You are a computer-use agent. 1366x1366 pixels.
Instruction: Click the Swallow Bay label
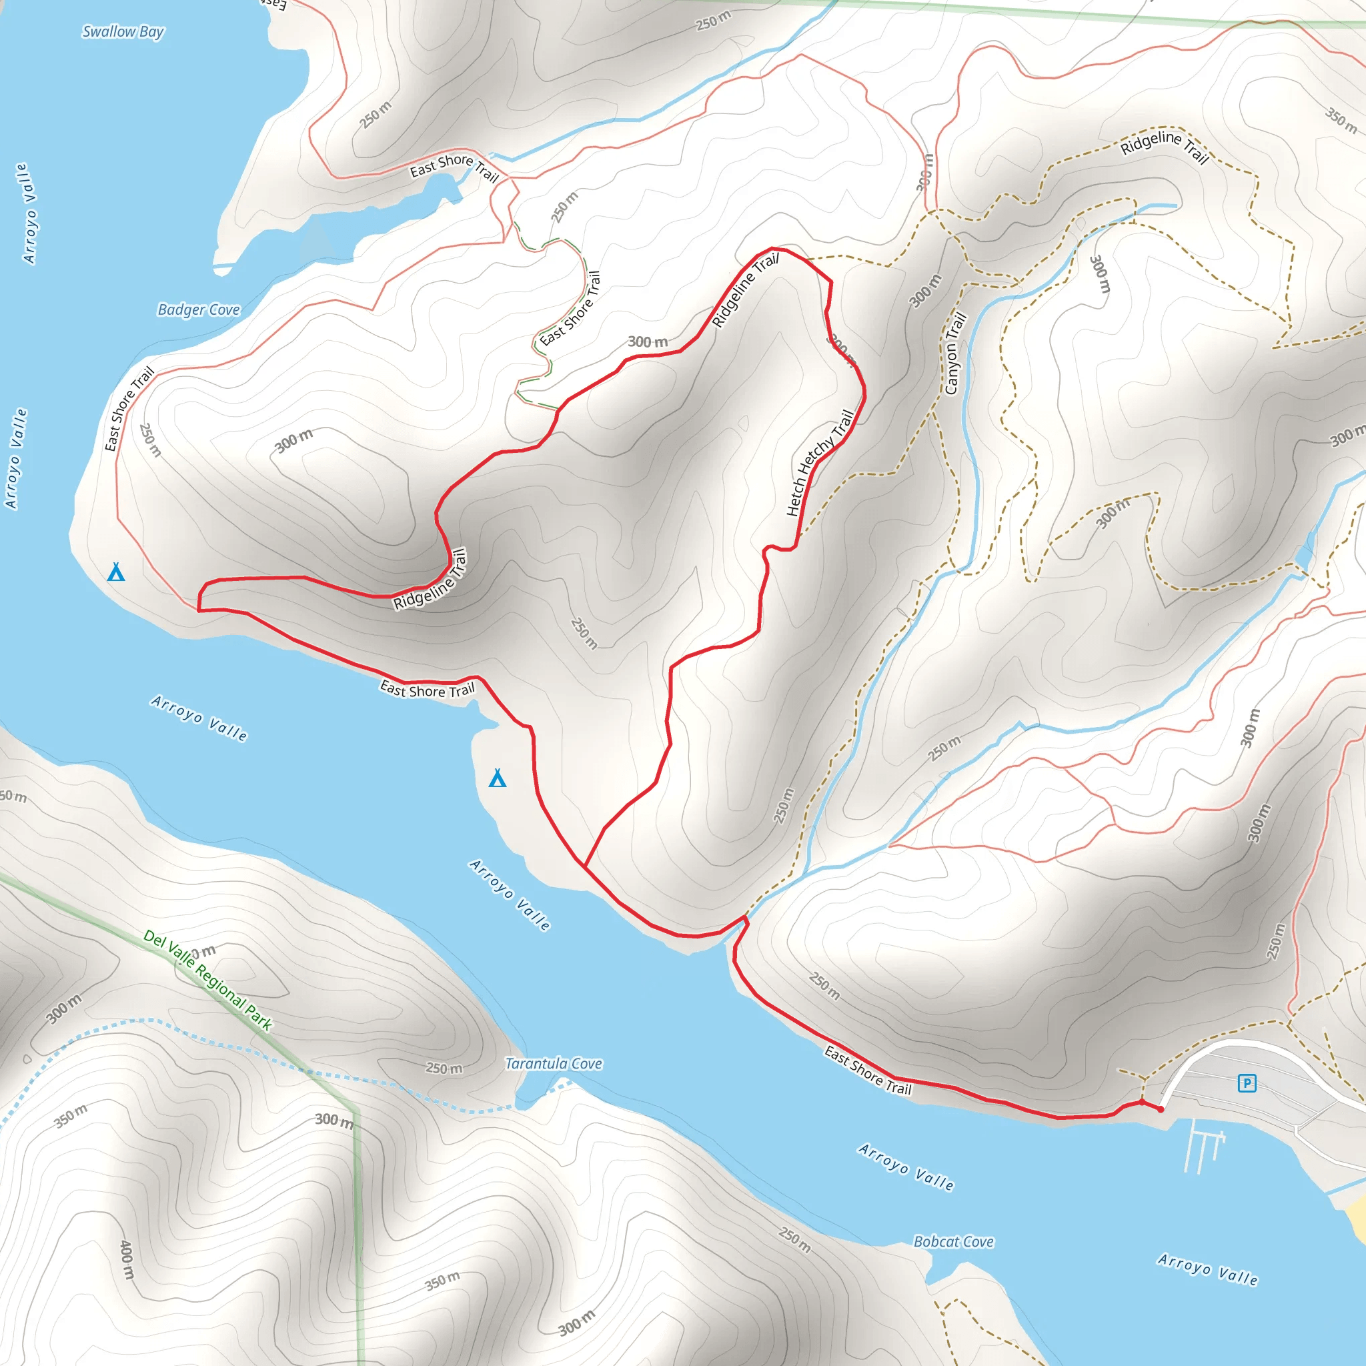(x=123, y=32)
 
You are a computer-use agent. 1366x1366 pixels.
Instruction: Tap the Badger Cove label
(x=199, y=309)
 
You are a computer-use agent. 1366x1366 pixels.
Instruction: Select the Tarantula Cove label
(x=553, y=1064)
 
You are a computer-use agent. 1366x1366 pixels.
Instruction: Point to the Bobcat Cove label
(x=953, y=1242)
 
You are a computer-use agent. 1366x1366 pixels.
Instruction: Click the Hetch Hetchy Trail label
(x=820, y=462)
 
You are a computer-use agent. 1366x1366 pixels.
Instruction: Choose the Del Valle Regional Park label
(x=207, y=980)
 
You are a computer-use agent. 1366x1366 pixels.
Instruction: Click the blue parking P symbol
(x=1247, y=1083)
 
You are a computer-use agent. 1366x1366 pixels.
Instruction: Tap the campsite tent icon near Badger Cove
(x=116, y=572)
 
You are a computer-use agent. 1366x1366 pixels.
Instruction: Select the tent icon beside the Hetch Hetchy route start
(x=498, y=778)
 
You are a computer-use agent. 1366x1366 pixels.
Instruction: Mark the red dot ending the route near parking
(x=1161, y=1109)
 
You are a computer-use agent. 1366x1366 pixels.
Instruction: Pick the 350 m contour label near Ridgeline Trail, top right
(x=1341, y=120)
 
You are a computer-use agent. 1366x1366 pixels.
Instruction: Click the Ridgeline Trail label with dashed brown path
(x=1165, y=145)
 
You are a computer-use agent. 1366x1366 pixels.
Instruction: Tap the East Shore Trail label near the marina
(x=868, y=1071)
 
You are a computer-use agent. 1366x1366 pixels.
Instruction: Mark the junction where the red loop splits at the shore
(x=584, y=864)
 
